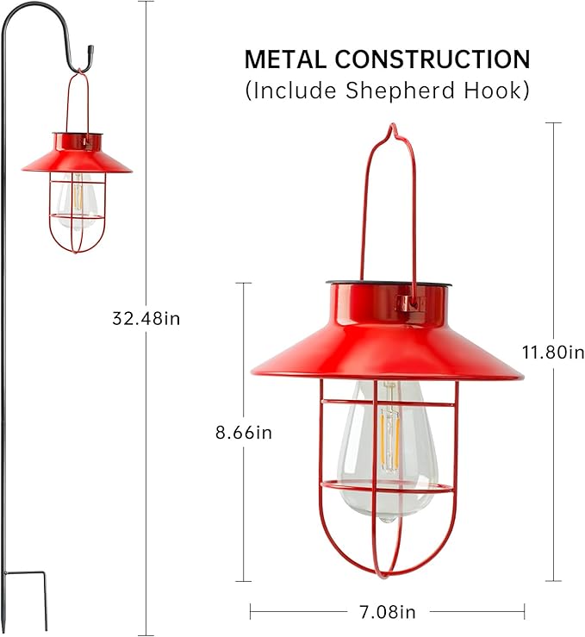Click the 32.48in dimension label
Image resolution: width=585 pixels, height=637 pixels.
coord(146,318)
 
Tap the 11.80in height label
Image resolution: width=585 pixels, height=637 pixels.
coord(553,352)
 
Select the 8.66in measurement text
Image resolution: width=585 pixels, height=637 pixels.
coord(244,433)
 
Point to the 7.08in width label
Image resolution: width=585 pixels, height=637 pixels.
coord(386,612)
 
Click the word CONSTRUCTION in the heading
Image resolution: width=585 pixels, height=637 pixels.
coord(433,59)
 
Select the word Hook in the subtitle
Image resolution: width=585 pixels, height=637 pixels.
coord(498,90)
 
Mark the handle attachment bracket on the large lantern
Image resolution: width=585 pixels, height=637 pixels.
coord(410,303)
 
